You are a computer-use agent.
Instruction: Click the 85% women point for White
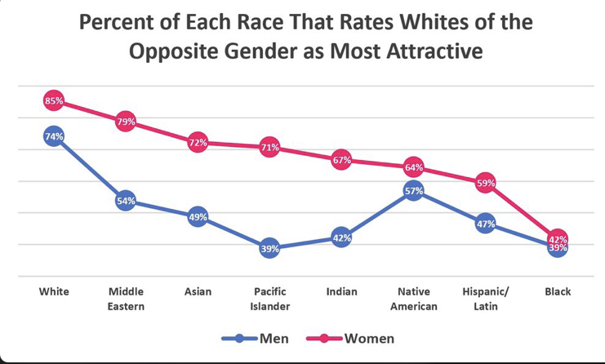(54, 101)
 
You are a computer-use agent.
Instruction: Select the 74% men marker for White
(54, 137)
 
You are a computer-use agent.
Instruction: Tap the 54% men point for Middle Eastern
(126, 201)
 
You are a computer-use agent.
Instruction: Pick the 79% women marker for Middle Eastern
(126, 122)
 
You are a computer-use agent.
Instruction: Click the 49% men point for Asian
(198, 217)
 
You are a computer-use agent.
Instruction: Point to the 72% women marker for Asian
(198, 143)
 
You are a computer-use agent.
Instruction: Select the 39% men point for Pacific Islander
(269, 249)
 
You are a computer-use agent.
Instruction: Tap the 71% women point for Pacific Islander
(269, 148)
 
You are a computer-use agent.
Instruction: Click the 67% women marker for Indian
(341, 161)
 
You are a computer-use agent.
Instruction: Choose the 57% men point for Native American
(413, 191)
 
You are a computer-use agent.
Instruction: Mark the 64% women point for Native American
(413, 168)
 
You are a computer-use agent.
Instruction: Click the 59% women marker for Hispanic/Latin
(485, 184)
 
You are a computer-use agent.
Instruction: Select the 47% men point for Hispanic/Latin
(485, 224)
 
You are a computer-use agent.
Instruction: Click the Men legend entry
(257, 338)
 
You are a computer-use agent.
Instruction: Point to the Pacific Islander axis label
(269, 299)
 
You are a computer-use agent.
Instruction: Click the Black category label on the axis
(558, 291)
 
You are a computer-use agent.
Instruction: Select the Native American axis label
(413, 299)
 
